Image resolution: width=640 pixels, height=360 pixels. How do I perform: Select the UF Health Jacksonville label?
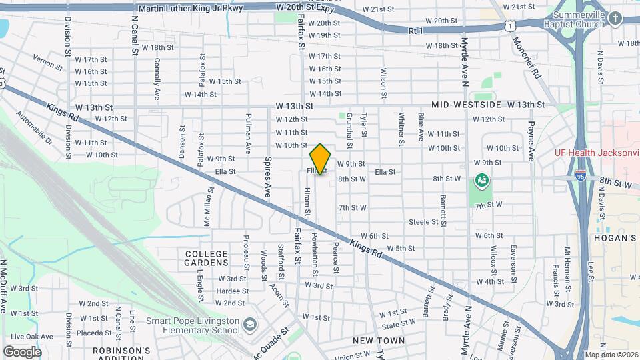click(597, 152)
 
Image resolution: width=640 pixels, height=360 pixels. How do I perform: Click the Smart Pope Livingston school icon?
click(250, 325)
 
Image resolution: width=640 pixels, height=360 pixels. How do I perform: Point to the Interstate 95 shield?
click(581, 177)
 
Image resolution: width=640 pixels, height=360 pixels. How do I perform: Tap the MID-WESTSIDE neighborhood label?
click(466, 105)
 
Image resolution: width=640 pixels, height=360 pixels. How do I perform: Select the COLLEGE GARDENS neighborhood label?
click(207, 258)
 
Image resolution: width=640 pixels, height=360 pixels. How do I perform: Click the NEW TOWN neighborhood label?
click(379, 341)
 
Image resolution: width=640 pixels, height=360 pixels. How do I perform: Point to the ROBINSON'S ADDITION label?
click(121, 354)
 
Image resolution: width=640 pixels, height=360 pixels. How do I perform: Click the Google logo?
click(22, 352)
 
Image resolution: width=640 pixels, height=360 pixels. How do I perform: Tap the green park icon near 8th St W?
click(481, 179)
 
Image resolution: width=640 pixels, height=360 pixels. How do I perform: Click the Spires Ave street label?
click(267, 177)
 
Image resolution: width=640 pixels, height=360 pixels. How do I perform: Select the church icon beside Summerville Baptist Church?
click(614, 19)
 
